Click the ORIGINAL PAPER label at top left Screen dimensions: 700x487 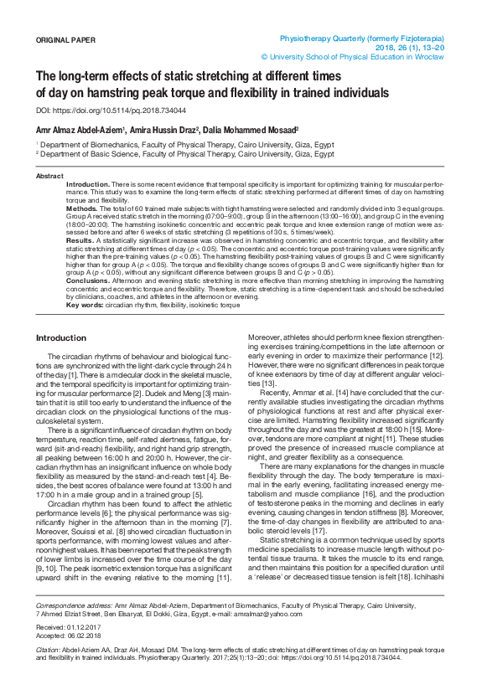coord(65,39)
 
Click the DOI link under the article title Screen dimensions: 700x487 coord(111,111)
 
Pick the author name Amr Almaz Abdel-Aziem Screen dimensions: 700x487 coord(80,131)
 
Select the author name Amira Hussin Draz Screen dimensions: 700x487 coord(158,131)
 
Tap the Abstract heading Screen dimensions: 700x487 coord(49,176)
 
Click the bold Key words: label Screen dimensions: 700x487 coord(84,305)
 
